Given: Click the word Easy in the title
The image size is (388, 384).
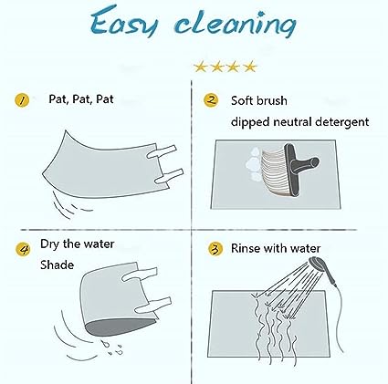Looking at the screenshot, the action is [x=124, y=21].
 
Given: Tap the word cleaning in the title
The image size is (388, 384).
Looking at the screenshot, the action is [x=236, y=24].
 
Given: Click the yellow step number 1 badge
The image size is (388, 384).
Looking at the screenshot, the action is [x=22, y=100].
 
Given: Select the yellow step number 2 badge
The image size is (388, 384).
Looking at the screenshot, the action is [x=211, y=100].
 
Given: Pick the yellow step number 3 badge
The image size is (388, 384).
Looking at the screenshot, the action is [x=215, y=249].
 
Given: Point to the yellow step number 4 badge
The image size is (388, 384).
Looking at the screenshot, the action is [x=23, y=249].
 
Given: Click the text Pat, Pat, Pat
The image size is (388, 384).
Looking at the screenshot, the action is [x=81, y=99].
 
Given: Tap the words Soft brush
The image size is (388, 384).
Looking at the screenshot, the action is [x=259, y=100].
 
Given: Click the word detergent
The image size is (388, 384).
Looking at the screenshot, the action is [x=341, y=122].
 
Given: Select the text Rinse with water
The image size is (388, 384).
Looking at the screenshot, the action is [x=276, y=248].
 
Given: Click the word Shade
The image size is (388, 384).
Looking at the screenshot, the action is [x=58, y=265].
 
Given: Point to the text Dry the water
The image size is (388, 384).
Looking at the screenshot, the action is [x=78, y=244].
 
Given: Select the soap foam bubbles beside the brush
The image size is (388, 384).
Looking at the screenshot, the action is [x=254, y=164].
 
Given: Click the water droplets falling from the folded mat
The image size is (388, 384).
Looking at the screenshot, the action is [x=112, y=348].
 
